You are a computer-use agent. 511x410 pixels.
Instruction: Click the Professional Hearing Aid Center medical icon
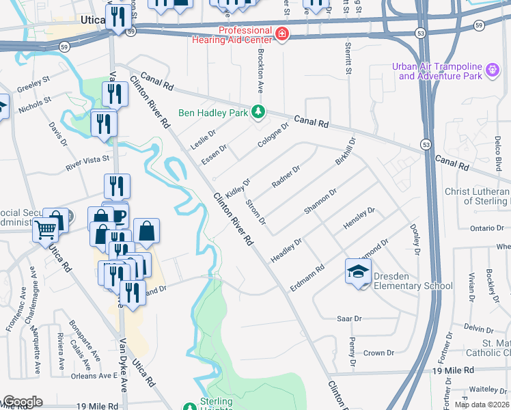coord(281,33)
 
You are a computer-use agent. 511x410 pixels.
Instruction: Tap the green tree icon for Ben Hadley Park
coord(258,111)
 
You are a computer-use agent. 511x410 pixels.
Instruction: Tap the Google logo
coord(22,402)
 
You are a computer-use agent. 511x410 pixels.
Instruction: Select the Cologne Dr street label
coord(274,135)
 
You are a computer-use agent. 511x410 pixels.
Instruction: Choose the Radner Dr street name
coord(286,176)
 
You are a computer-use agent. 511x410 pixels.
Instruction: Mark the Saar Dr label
coord(349,318)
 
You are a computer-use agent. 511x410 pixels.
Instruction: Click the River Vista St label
coord(87,163)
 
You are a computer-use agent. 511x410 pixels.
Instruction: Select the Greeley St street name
coord(34,83)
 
